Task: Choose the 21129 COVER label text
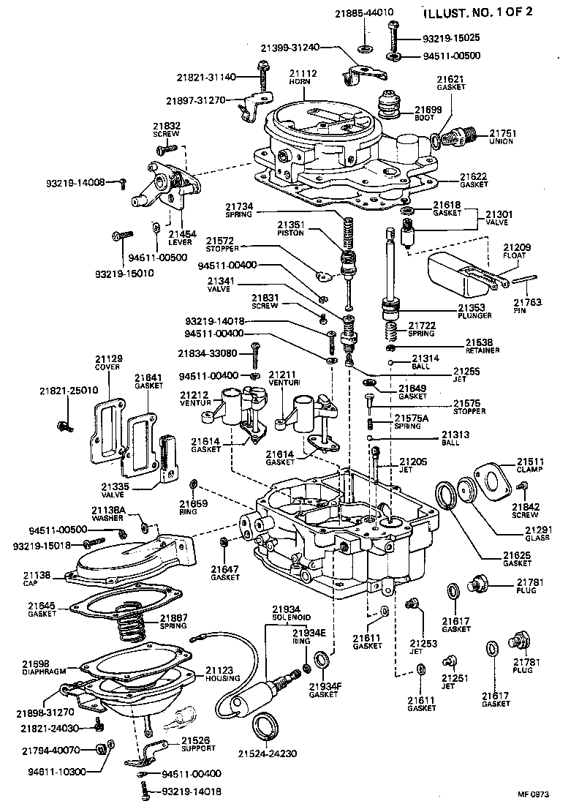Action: (108, 362)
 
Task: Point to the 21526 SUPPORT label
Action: (198, 744)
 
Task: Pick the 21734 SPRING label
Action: (239, 211)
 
